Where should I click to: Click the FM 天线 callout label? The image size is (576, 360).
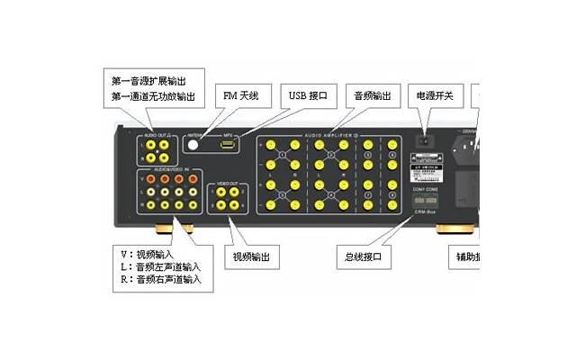pyautogui.click(x=241, y=94)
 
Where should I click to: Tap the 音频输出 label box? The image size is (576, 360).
pyautogui.click(x=372, y=94)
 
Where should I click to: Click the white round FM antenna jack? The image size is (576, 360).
pyautogui.click(x=192, y=142)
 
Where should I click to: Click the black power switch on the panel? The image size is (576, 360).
pyautogui.click(x=422, y=141)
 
